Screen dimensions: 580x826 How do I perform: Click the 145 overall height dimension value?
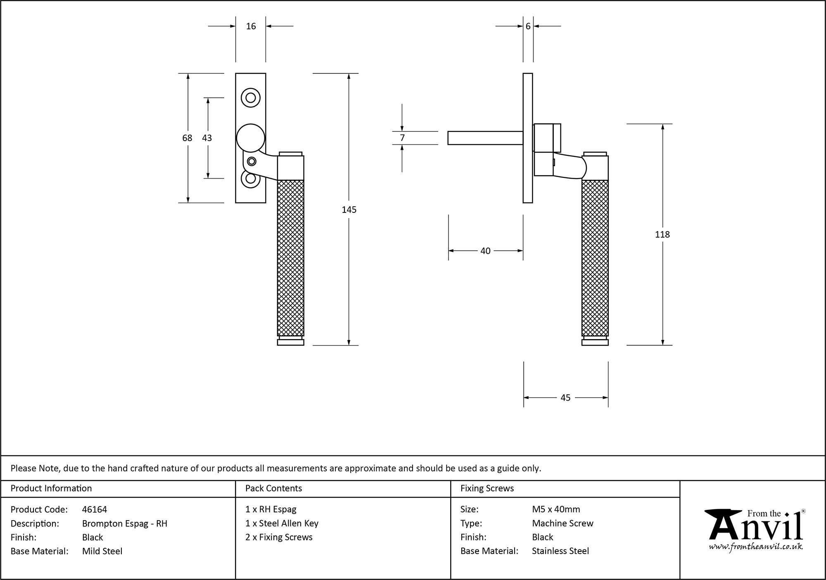[x=349, y=210]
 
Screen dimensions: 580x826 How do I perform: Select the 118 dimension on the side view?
[x=662, y=234]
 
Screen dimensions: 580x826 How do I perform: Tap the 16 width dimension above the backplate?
[x=251, y=26]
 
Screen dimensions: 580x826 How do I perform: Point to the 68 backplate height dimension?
[x=187, y=138]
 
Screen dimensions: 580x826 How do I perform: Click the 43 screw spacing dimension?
[x=207, y=138]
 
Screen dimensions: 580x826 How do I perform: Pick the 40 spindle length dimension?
[x=485, y=251]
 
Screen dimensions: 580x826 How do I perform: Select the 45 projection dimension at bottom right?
[x=565, y=398]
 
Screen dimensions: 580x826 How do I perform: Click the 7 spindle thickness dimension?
[x=402, y=138]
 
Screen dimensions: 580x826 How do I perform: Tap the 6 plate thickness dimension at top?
[x=528, y=26]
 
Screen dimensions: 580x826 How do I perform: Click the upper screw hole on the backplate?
[x=251, y=98]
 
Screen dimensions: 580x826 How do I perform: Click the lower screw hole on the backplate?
[x=251, y=179]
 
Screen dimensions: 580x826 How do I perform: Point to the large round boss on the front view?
[x=250, y=138]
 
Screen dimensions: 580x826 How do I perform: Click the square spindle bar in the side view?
[x=485, y=138]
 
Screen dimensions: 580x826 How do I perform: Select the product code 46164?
[x=95, y=509]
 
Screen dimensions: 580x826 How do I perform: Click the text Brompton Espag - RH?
[x=125, y=523]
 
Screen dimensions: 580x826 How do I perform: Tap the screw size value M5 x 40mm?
[x=556, y=509]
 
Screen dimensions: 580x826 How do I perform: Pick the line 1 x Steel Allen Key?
[x=282, y=523]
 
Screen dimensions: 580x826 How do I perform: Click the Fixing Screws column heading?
[x=487, y=488]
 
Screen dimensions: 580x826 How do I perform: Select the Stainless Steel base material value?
[x=560, y=551]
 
